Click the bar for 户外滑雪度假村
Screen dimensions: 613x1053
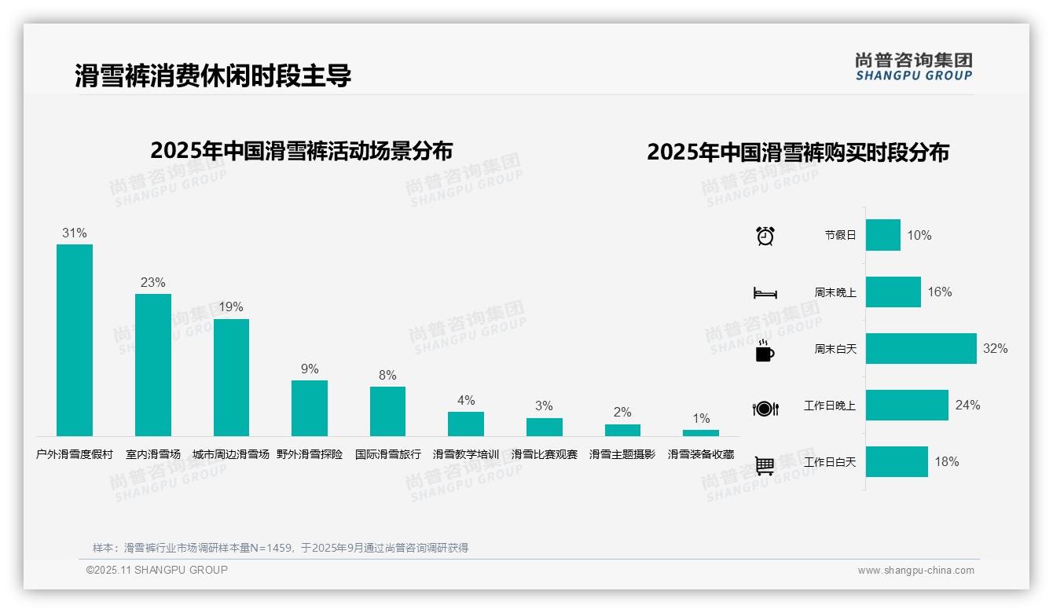tap(75, 340)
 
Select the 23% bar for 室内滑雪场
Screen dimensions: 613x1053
tap(152, 365)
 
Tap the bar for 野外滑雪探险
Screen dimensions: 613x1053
tap(310, 408)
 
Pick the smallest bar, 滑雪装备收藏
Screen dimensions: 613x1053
tap(700, 433)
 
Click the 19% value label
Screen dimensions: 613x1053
tap(231, 306)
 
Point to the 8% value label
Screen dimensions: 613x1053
tap(387, 375)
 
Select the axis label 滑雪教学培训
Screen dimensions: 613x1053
tap(466, 454)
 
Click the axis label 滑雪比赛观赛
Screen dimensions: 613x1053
tap(544, 454)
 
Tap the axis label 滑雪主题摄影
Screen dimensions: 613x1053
tap(622, 454)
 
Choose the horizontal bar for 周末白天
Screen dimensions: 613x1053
tap(921, 348)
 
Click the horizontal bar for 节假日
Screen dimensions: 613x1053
tap(883, 235)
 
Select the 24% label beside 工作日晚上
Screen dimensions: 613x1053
tap(967, 405)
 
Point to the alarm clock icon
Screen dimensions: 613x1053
tap(765, 236)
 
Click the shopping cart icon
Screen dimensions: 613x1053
tap(765, 466)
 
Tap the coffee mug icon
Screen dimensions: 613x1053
tap(765, 351)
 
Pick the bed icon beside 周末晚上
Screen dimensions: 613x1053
tap(765, 293)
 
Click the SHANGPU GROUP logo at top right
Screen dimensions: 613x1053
tap(914, 67)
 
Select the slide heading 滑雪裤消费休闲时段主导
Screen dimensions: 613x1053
tap(213, 75)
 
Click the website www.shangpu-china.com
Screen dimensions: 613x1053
tap(915, 571)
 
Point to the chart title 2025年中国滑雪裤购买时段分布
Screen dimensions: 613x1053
tap(798, 152)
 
